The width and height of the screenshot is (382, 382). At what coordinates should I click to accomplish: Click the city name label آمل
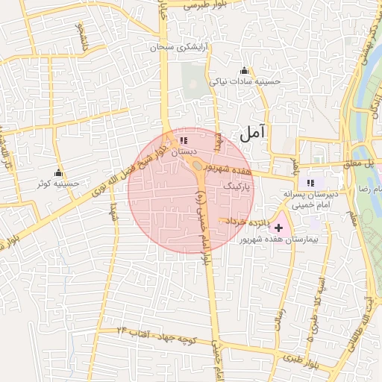(253, 133)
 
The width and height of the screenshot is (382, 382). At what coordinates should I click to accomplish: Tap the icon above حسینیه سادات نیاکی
(244, 71)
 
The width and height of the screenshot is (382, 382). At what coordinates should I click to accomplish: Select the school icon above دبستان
(183, 140)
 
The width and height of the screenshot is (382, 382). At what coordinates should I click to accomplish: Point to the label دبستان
(183, 151)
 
